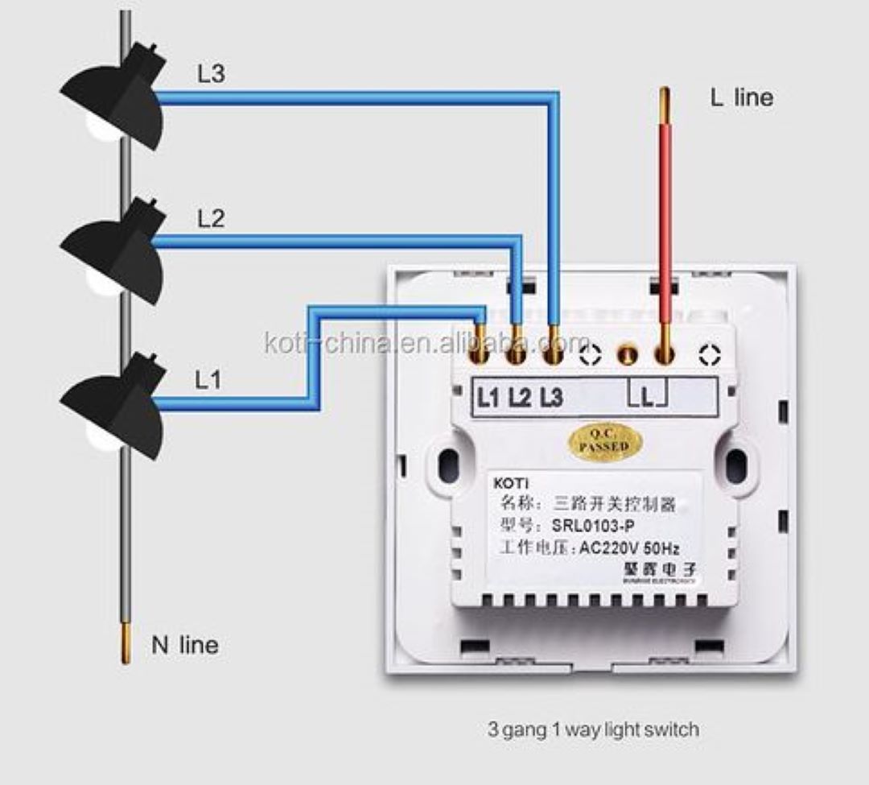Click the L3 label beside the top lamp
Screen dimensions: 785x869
212,74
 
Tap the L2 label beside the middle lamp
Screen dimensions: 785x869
211,218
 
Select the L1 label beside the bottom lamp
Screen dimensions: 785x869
208,379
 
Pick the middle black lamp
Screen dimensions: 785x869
117,252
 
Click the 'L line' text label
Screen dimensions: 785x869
740,97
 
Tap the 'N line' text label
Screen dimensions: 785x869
184,645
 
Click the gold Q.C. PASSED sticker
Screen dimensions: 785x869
603,441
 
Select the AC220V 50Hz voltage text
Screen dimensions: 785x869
629,550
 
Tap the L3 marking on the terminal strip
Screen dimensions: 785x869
551,397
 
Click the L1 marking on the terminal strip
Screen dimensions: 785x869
488,397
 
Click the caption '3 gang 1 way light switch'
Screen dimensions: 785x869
593,730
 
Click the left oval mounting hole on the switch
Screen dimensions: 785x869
448,465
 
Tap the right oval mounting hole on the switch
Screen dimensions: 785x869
735,465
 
